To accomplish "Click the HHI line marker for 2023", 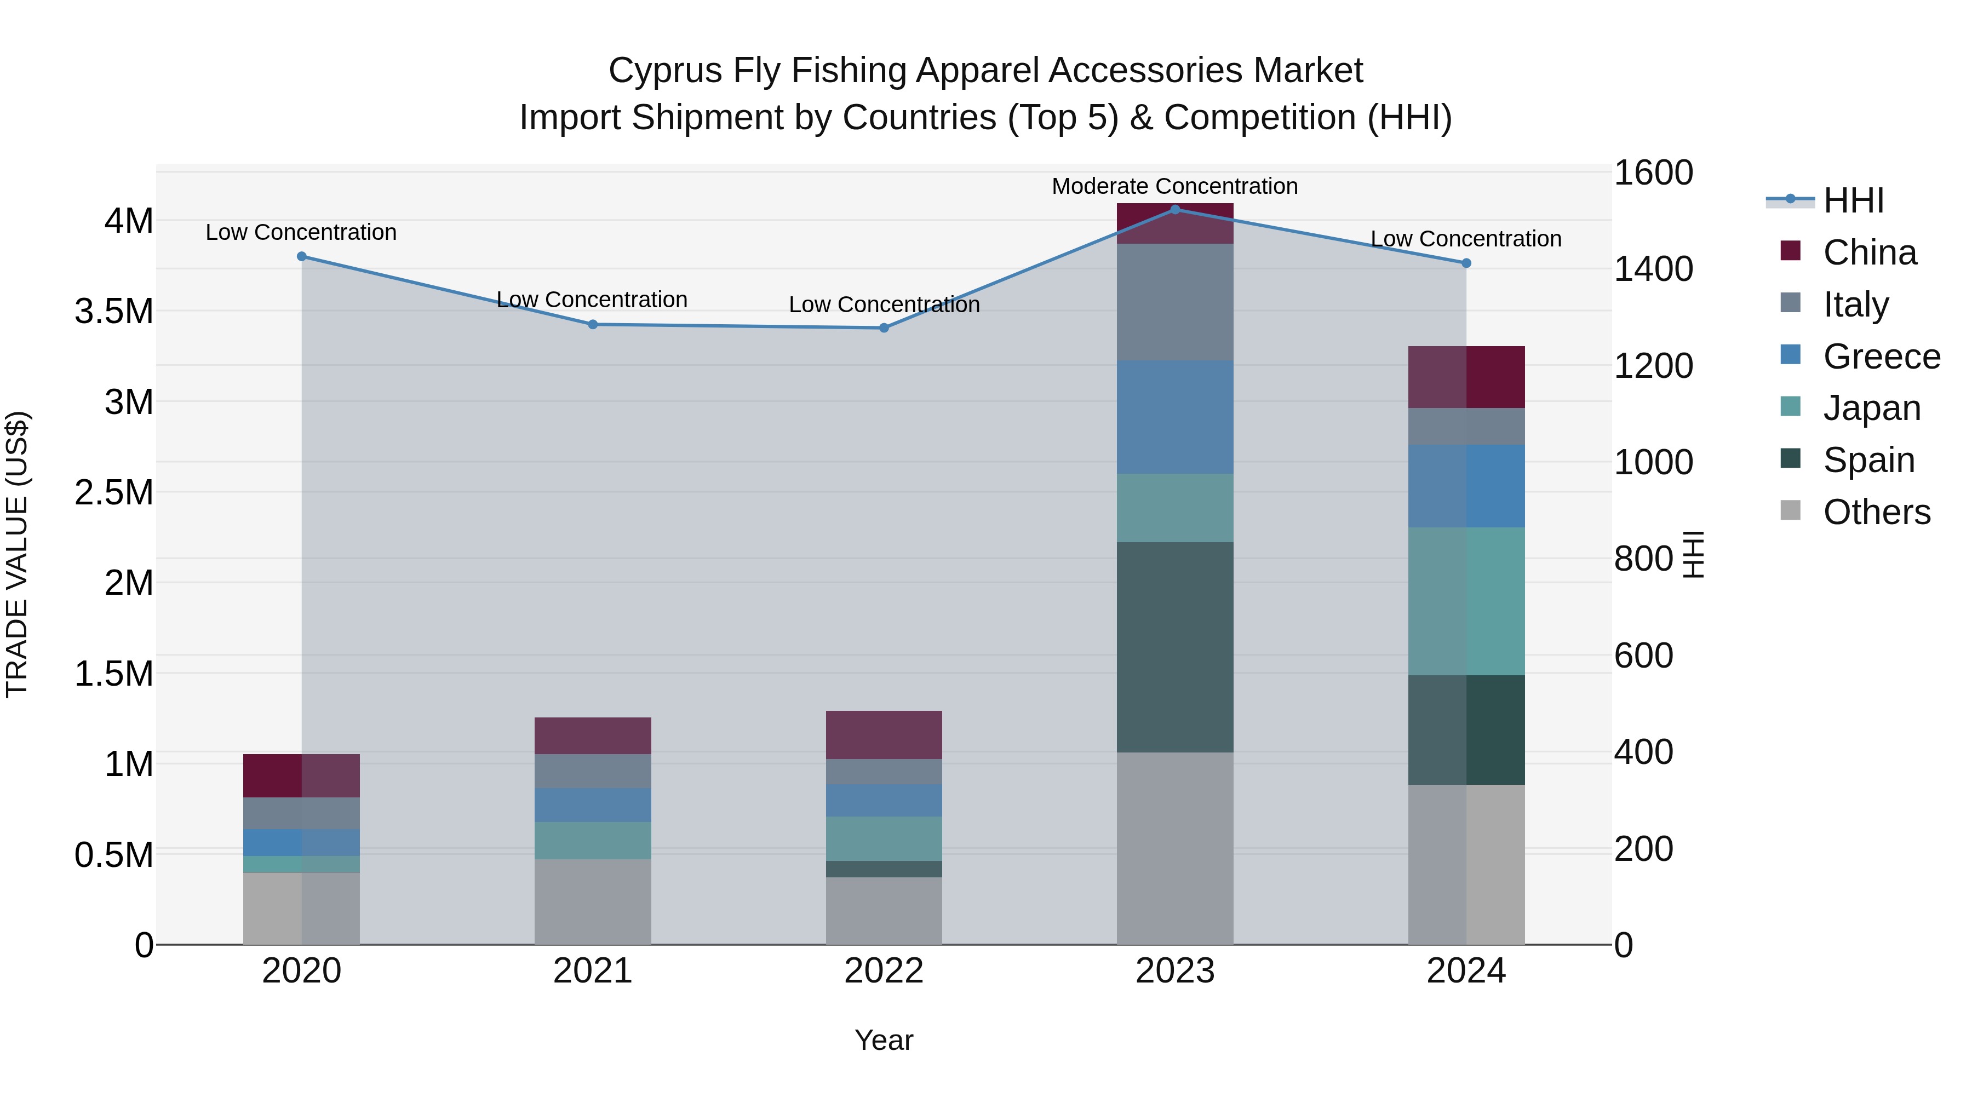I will click(1175, 209).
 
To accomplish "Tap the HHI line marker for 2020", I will click(302, 256).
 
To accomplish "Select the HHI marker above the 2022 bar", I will click(884, 327).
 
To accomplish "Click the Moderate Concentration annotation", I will click(1174, 186).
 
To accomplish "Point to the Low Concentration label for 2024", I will click(1465, 239).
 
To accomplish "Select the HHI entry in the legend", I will click(1853, 200).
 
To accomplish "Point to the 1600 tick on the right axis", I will click(1653, 173).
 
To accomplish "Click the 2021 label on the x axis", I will click(593, 971).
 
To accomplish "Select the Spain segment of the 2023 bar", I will click(1175, 647).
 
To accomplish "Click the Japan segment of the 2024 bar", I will click(1466, 601).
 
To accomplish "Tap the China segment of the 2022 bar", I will click(884, 735).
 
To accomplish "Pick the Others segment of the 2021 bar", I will click(593, 901).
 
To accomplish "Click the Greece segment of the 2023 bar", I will click(1175, 417).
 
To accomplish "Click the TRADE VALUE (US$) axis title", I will click(18, 554).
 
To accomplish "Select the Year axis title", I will click(884, 1040).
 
